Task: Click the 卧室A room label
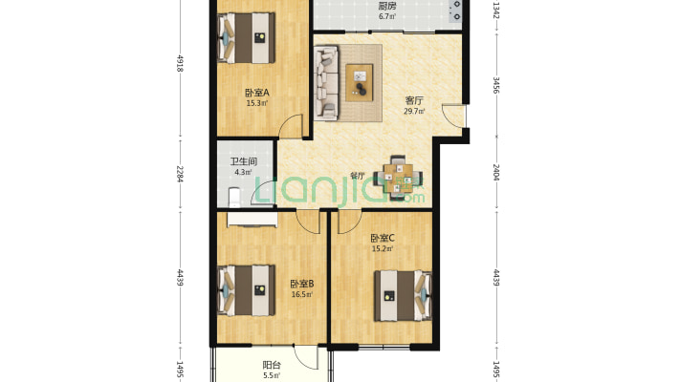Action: pyautogui.click(x=257, y=93)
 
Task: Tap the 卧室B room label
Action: pyautogui.click(x=302, y=284)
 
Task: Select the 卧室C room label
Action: pyautogui.click(x=383, y=238)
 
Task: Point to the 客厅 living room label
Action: pyautogui.click(x=414, y=100)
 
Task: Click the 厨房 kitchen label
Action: pyautogui.click(x=387, y=6)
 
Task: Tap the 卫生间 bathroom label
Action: pyautogui.click(x=243, y=161)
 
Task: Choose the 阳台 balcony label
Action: pyautogui.click(x=272, y=365)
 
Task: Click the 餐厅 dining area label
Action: pyautogui.click(x=357, y=176)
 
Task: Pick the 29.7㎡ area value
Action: pyautogui.click(x=414, y=111)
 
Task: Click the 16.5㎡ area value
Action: pyautogui.click(x=302, y=294)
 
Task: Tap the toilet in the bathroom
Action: pyautogui.click(x=234, y=197)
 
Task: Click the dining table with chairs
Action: pyautogui.click(x=398, y=178)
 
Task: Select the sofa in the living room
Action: pyautogui.click(x=326, y=83)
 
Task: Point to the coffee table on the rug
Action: pyautogui.click(x=360, y=83)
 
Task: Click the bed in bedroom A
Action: pyautogui.click(x=246, y=38)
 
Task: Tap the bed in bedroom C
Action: pyautogui.click(x=404, y=296)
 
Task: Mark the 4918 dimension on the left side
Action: pyautogui.click(x=180, y=63)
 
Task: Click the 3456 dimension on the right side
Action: pyautogui.click(x=496, y=85)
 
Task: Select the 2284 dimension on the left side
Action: pyautogui.click(x=180, y=174)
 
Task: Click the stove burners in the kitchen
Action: pyautogui.click(x=456, y=11)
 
